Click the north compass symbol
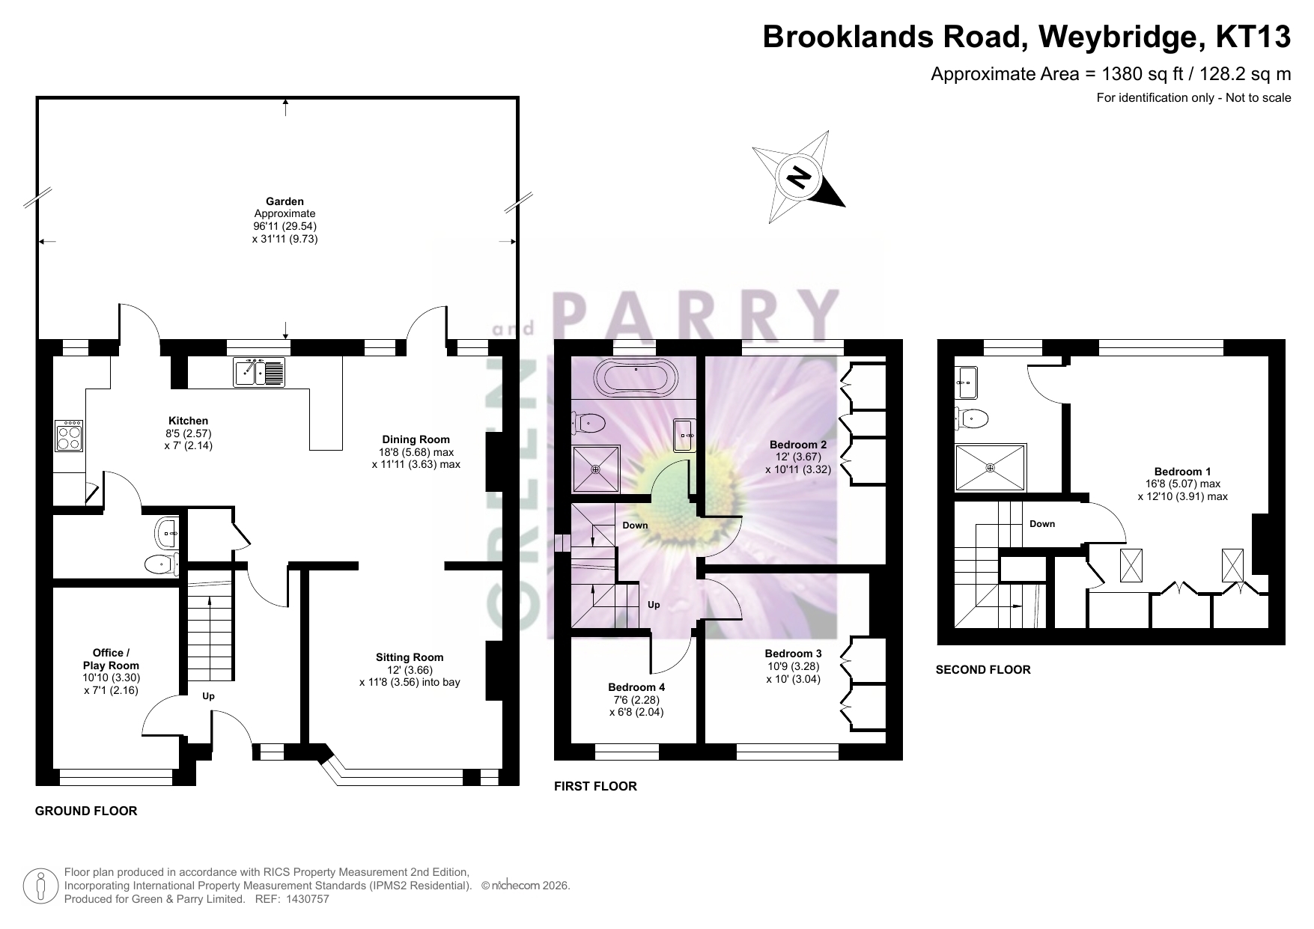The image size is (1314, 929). click(799, 177)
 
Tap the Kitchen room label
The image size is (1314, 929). click(188, 421)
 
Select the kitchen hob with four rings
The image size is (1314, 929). click(69, 436)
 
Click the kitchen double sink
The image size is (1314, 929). click(259, 372)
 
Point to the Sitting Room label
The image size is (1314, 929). click(410, 657)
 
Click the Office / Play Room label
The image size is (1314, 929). click(111, 659)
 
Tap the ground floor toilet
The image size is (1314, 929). click(160, 564)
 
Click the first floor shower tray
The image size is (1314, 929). click(596, 469)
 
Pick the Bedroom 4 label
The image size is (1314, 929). click(636, 687)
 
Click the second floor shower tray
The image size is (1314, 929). click(991, 468)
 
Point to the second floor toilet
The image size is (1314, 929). click(971, 418)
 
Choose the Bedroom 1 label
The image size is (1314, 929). click(1183, 472)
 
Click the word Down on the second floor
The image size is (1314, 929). click(1042, 524)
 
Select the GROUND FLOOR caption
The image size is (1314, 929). click(86, 811)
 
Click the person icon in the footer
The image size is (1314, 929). click(41, 886)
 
